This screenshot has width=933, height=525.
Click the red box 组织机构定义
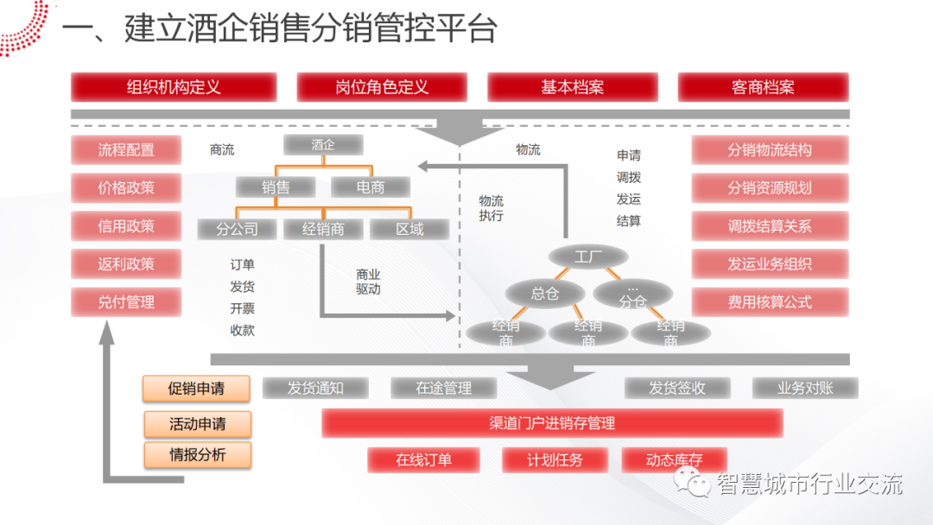pyautogui.click(x=174, y=87)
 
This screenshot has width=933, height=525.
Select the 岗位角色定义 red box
pyautogui.click(x=382, y=87)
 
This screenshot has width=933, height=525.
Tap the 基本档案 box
pyautogui.click(x=572, y=87)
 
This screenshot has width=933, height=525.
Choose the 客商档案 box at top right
pyautogui.click(x=763, y=87)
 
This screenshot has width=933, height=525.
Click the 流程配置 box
pyautogui.click(x=126, y=149)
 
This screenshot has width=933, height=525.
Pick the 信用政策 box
pyautogui.click(x=126, y=226)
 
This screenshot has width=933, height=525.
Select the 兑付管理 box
pyautogui.click(x=126, y=302)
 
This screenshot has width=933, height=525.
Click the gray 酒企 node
pyautogui.click(x=323, y=145)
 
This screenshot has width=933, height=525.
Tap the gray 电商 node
pyautogui.click(x=370, y=187)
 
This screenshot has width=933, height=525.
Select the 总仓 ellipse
pyautogui.click(x=544, y=294)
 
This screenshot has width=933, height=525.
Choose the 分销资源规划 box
pyautogui.click(x=770, y=187)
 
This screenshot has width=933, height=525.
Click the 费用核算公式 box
pyautogui.click(x=770, y=302)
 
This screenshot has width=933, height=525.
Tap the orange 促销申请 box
pyautogui.click(x=196, y=389)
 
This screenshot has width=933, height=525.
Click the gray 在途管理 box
pyautogui.click(x=444, y=389)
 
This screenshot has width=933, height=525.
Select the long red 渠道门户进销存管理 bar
pyautogui.click(x=552, y=423)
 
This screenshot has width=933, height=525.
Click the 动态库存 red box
pyautogui.click(x=674, y=460)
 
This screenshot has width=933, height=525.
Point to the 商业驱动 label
pyautogui.click(x=368, y=281)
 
